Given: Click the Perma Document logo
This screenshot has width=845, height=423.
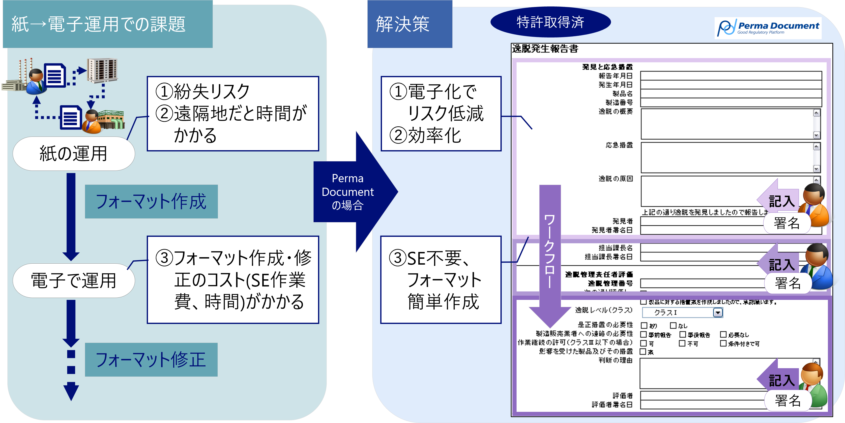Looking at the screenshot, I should point(768,28).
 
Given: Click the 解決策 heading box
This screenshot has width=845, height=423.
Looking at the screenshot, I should point(409,24).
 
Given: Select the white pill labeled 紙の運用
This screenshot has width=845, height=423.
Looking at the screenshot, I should point(73,154).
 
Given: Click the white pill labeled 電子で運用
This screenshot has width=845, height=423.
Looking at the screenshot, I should point(73,281).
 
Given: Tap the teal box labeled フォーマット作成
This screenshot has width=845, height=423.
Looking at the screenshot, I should point(151,201).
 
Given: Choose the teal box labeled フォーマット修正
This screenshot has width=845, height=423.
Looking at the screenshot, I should point(151,360).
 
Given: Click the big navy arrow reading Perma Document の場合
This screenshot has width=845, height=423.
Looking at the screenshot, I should point(351,192).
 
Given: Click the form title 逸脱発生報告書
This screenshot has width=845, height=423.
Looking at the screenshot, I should point(545,49).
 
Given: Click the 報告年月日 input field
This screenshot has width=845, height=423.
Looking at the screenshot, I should point(731,75).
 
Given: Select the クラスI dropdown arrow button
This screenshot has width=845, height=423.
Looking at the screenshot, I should point(718,313).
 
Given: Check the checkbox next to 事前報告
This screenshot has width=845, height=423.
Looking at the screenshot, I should point(643,334).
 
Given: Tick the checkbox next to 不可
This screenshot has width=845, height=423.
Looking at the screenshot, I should point(682,343).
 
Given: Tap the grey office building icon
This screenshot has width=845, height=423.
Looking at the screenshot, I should point(102,70).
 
